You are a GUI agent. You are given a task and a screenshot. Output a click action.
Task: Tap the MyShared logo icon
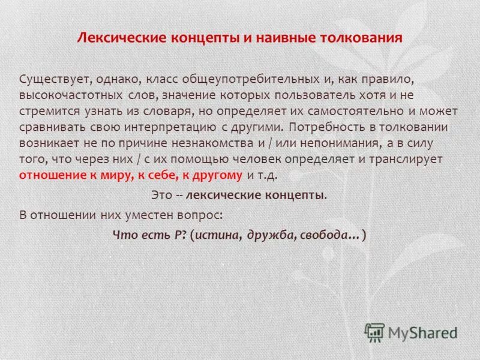pyautogui.click(x=375, y=332)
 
